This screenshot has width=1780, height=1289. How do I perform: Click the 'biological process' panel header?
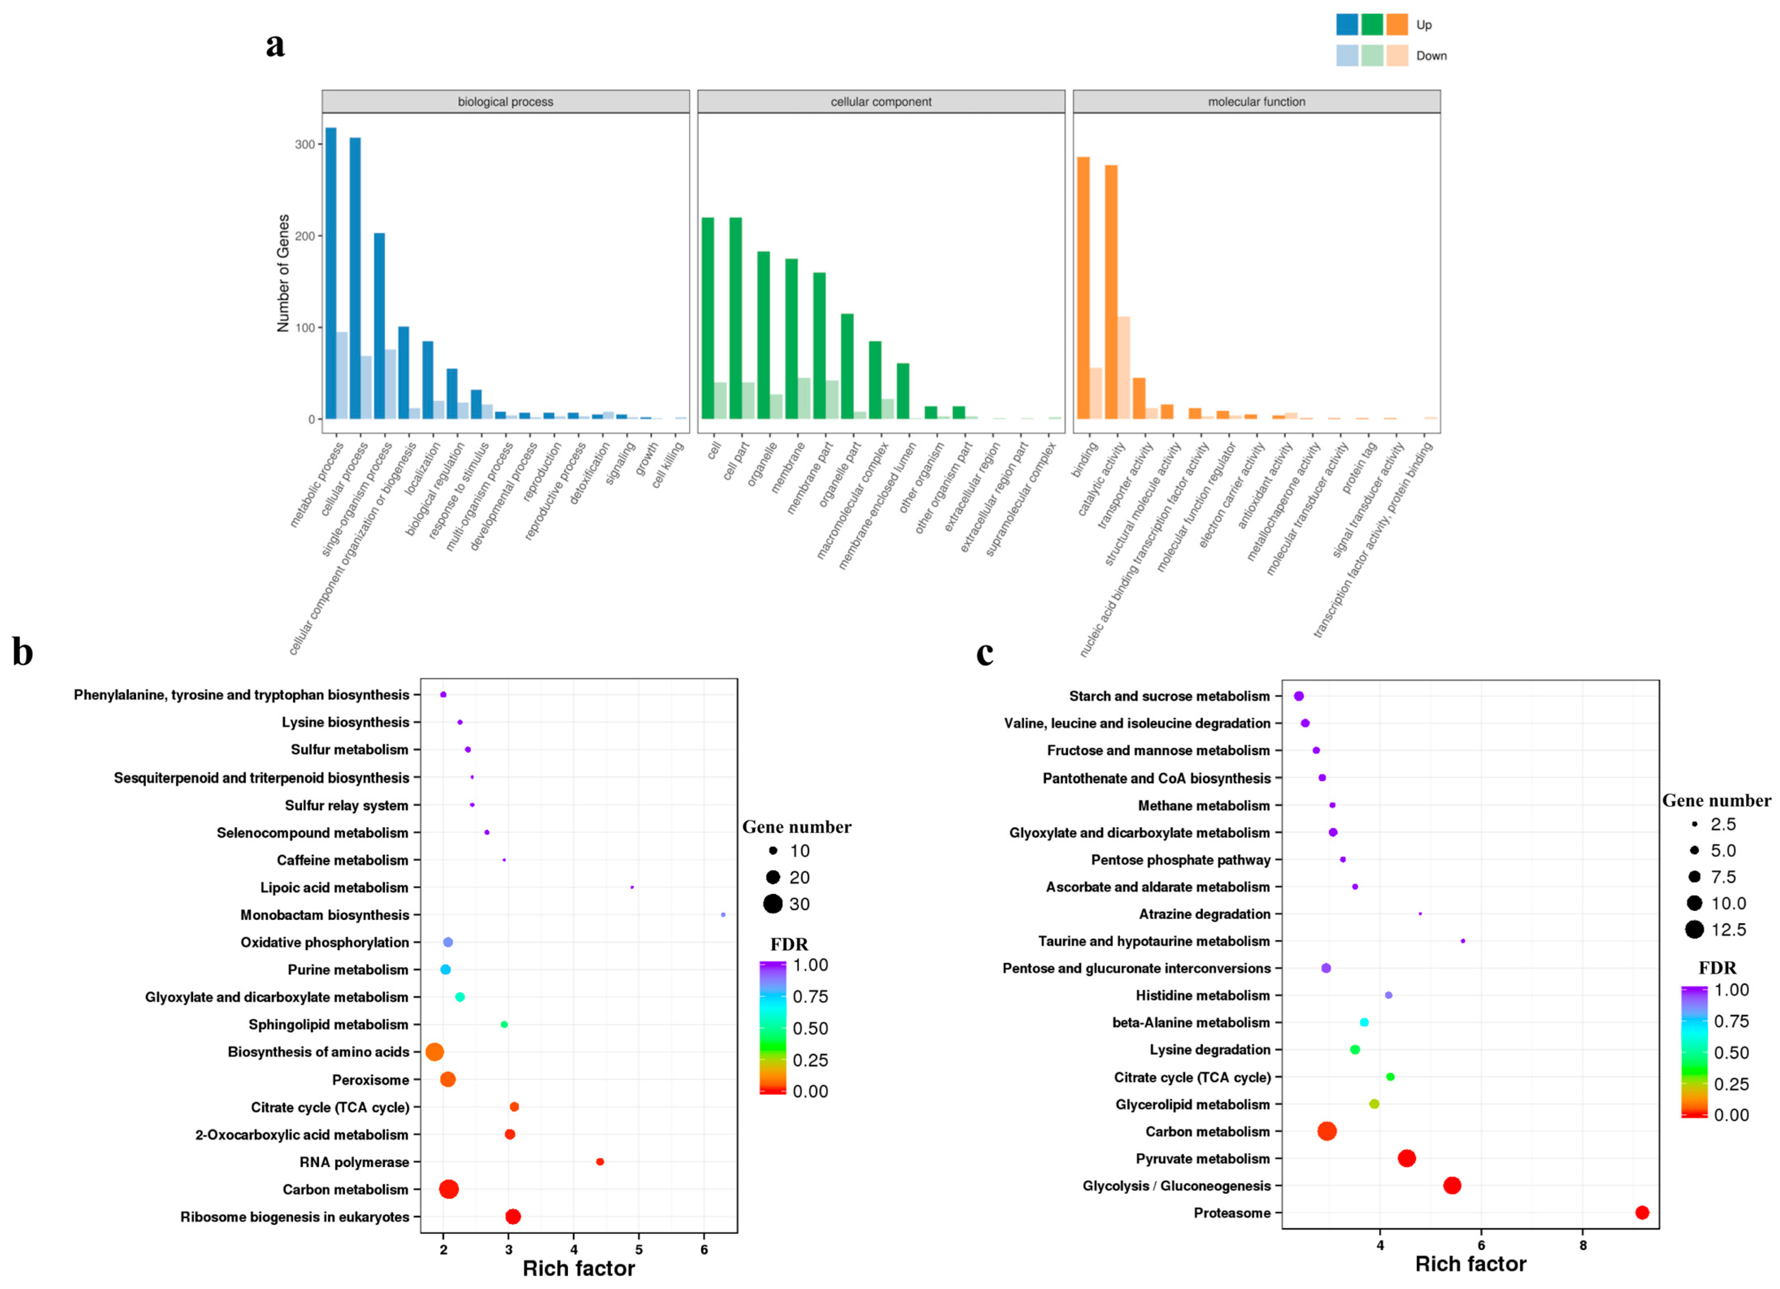click(x=505, y=101)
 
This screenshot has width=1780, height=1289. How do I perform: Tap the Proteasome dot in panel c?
click(x=1642, y=1213)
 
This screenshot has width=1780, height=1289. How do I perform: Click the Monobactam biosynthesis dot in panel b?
click(x=723, y=915)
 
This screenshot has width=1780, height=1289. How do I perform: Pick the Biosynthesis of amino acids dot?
click(x=434, y=1052)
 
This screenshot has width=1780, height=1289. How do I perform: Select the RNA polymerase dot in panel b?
click(x=600, y=1162)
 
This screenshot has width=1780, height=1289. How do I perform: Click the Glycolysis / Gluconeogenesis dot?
click(x=1452, y=1185)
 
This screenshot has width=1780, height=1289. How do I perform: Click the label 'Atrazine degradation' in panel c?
click(x=1204, y=914)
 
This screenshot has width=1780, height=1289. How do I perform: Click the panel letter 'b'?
click(x=23, y=652)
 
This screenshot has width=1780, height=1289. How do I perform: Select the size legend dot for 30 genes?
click(x=773, y=904)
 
